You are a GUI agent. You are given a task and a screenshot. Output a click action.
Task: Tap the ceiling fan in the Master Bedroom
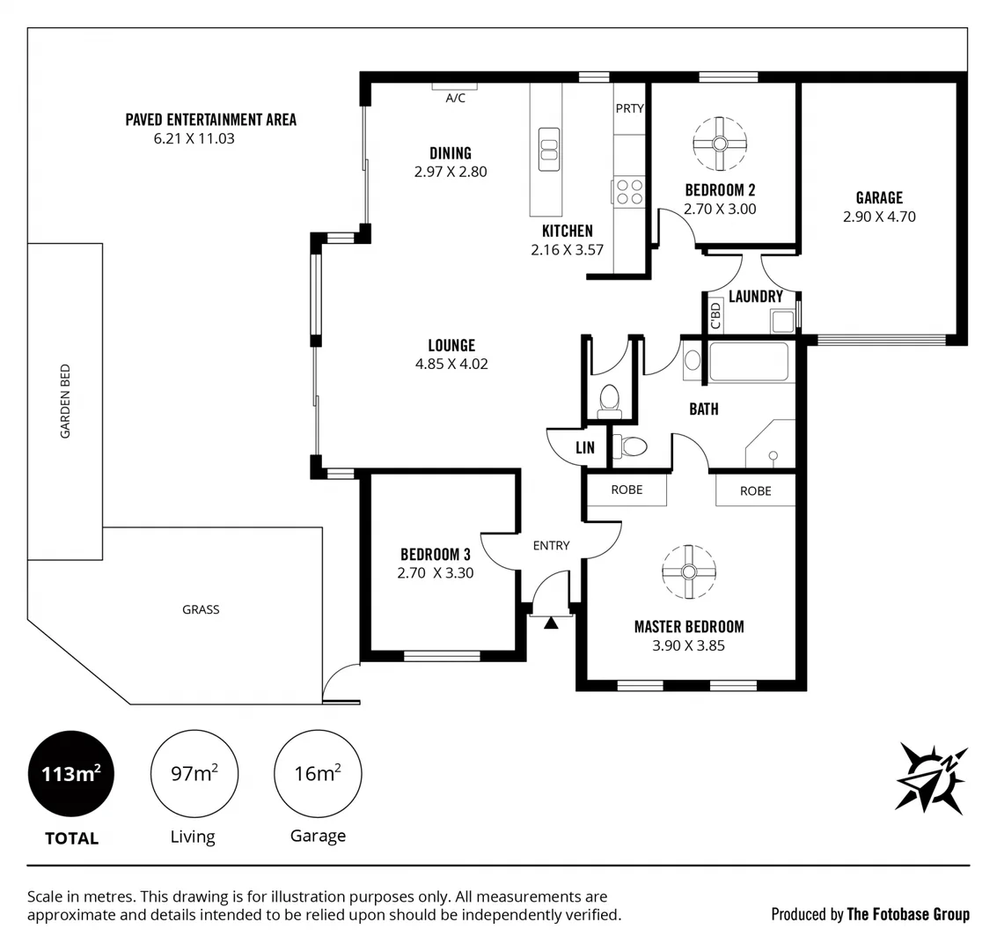689,571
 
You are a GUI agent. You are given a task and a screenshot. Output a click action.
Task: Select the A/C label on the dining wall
455,99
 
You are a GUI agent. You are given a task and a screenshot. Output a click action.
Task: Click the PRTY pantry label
629,108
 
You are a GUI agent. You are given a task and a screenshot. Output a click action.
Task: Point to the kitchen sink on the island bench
548,149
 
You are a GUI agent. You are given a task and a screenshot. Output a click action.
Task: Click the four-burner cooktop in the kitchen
629,192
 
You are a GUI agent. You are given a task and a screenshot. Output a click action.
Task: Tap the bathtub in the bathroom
749,362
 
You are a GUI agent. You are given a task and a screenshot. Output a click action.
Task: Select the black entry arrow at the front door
551,623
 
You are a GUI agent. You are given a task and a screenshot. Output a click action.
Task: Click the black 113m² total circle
71,774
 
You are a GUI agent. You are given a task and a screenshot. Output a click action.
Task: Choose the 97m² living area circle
194,774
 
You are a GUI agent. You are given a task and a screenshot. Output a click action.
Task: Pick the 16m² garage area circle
318,774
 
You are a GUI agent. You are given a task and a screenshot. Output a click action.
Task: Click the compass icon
931,777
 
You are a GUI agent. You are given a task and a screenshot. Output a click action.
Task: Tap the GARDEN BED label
65,402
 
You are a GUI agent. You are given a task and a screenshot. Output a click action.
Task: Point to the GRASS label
201,609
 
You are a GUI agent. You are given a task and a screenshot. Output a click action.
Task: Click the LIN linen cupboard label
585,447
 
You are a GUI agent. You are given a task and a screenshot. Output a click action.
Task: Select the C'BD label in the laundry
715,315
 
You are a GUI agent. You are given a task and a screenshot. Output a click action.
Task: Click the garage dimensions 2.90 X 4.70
878,216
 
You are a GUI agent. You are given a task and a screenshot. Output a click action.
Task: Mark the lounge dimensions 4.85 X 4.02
451,364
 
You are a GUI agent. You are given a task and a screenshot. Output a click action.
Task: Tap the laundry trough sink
782,321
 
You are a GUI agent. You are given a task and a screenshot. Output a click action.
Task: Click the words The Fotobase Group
908,914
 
